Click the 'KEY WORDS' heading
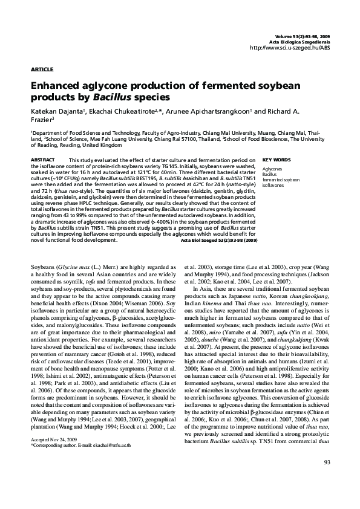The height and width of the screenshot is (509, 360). click(x=277, y=160)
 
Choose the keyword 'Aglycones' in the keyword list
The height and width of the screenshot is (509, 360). click(x=272, y=170)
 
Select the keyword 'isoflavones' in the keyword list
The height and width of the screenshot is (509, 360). click(x=273, y=185)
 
